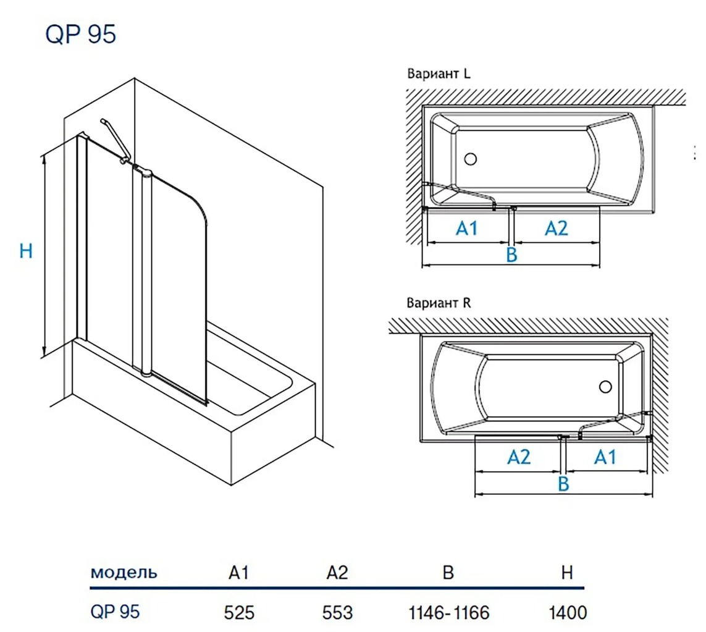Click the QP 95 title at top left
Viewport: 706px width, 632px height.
click(81, 35)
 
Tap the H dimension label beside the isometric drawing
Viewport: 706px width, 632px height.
click(26, 251)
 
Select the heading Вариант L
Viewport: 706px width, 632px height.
click(439, 74)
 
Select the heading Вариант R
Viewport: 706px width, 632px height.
click(439, 303)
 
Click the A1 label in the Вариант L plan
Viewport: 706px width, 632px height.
click(467, 228)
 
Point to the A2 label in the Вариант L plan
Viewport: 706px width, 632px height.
click(556, 228)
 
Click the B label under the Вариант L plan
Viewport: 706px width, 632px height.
click(511, 255)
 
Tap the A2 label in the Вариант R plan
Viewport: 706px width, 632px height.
click(519, 457)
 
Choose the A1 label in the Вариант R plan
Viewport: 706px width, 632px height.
click(605, 457)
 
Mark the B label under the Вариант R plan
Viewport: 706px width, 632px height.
click(563, 484)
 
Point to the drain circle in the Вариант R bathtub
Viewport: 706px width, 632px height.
click(605, 387)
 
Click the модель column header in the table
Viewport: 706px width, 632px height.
click(124, 572)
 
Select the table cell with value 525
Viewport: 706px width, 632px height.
click(239, 612)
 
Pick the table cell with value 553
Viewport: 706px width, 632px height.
click(337, 612)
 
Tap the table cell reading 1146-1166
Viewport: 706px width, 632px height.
click(449, 612)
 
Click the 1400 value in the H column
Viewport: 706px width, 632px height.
click(567, 612)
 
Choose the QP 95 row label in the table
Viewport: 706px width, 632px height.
click(116, 612)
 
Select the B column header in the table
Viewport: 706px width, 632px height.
click(448, 573)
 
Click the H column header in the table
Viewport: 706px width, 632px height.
click(567, 573)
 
